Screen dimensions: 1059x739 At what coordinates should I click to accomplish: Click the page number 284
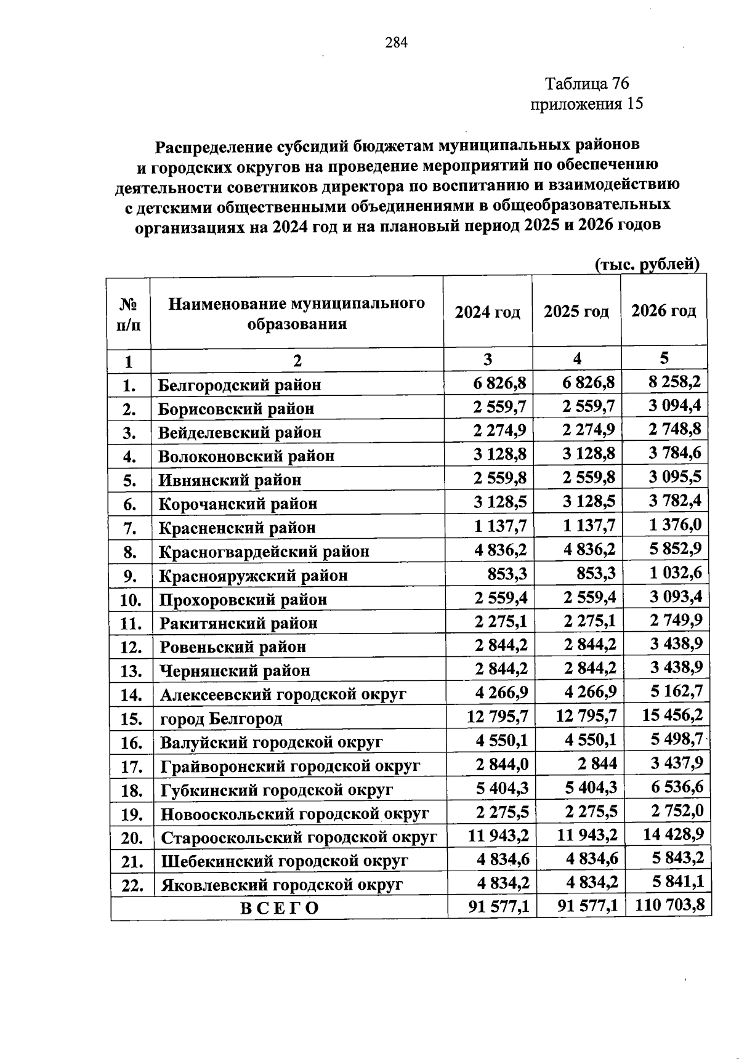(x=397, y=42)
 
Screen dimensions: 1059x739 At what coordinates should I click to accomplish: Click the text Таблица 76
(x=587, y=83)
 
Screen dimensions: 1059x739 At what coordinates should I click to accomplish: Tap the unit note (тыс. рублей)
(x=647, y=264)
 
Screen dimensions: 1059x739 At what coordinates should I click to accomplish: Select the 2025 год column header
(x=576, y=312)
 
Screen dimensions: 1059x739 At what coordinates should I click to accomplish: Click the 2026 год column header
(x=663, y=311)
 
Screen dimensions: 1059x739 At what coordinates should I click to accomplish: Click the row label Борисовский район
(x=236, y=409)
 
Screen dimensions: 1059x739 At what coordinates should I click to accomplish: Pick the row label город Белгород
(x=221, y=719)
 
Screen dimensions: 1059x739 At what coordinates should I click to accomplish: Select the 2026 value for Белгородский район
(x=674, y=382)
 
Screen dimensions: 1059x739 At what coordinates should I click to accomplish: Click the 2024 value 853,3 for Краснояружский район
(x=507, y=574)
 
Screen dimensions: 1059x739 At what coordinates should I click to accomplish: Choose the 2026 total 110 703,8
(x=667, y=906)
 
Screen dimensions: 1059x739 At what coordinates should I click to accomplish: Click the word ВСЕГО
(x=279, y=908)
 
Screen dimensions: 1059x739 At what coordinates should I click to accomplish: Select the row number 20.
(x=132, y=838)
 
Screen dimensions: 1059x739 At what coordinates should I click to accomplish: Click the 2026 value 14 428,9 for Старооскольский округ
(x=672, y=834)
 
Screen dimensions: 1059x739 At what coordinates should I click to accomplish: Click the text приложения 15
(x=586, y=104)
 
